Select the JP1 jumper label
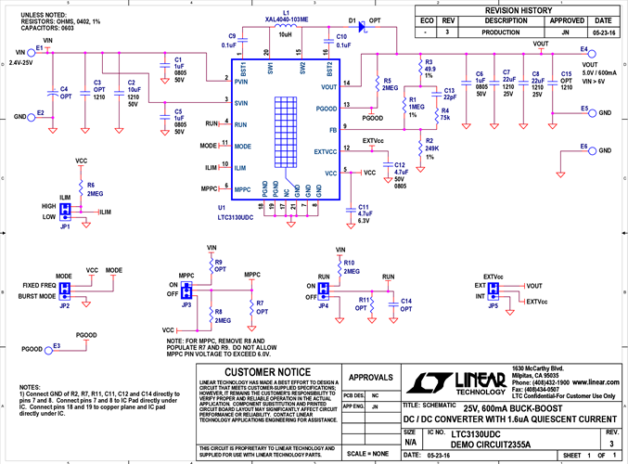(x=64, y=226)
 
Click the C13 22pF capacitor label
(x=449, y=94)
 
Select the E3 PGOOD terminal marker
(x=59, y=345)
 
